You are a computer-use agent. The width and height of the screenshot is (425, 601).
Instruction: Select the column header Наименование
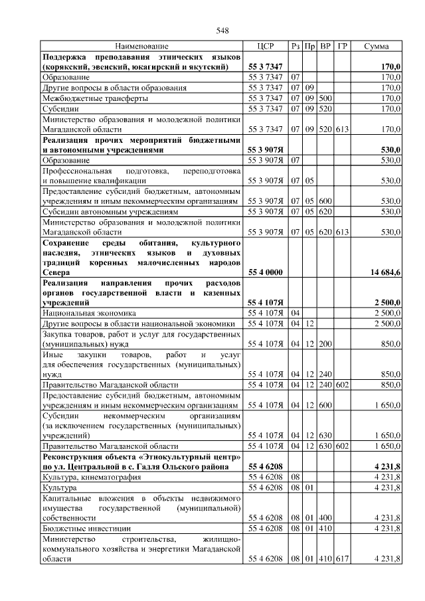click(141, 46)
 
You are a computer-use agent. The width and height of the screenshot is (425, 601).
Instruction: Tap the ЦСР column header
click(265, 46)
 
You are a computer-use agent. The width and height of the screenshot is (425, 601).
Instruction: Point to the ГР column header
click(342, 46)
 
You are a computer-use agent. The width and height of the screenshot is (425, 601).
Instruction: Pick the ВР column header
click(325, 46)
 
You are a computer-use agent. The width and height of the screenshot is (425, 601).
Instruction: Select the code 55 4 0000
click(266, 272)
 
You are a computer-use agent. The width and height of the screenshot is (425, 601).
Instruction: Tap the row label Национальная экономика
click(89, 312)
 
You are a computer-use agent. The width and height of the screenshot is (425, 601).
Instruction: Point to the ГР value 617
click(342, 560)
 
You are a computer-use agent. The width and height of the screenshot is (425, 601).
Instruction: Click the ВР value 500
click(325, 98)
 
